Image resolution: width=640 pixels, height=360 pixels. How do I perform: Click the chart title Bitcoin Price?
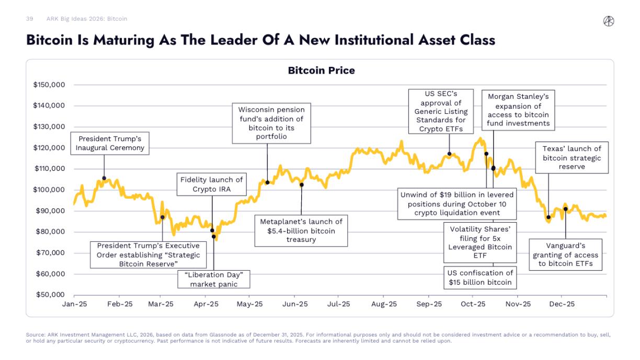pyautogui.click(x=321, y=70)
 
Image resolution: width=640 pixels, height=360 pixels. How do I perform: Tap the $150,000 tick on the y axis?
pyautogui.click(x=50, y=85)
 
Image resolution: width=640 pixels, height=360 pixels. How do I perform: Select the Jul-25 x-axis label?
pyautogui.click(x=338, y=304)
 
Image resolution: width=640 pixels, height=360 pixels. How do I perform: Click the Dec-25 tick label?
pyautogui.click(x=562, y=304)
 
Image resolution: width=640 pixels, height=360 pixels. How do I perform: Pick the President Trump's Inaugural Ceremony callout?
pyautogui.click(x=110, y=143)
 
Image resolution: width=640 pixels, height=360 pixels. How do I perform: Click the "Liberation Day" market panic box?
pyautogui.click(x=213, y=279)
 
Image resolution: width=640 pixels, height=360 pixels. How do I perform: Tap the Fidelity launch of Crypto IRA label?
pyautogui.click(x=211, y=184)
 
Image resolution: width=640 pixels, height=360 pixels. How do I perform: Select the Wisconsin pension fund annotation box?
pyautogui.click(x=271, y=123)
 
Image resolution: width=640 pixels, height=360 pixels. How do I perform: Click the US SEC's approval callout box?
pyautogui.click(x=441, y=111)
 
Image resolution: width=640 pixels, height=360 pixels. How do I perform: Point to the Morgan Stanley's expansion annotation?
pyautogui.click(x=518, y=110)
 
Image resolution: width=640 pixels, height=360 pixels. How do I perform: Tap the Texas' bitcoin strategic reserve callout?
pyautogui.click(x=572, y=158)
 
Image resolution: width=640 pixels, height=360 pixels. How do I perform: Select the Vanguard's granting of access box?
pyautogui.click(x=565, y=254)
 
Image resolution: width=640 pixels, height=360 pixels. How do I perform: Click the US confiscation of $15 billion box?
pyautogui.click(x=480, y=277)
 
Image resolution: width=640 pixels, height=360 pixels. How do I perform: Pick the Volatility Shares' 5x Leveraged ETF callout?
pyautogui.click(x=480, y=242)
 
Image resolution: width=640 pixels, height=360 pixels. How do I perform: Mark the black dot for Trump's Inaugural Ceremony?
pyautogui.click(x=104, y=178)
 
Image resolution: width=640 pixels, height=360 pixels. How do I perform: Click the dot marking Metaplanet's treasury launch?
pyautogui.click(x=302, y=184)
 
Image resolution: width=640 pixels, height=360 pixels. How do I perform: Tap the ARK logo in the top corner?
pyautogui.click(x=609, y=21)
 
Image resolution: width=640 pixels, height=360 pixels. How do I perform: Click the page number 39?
pyautogui.click(x=29, y=19)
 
